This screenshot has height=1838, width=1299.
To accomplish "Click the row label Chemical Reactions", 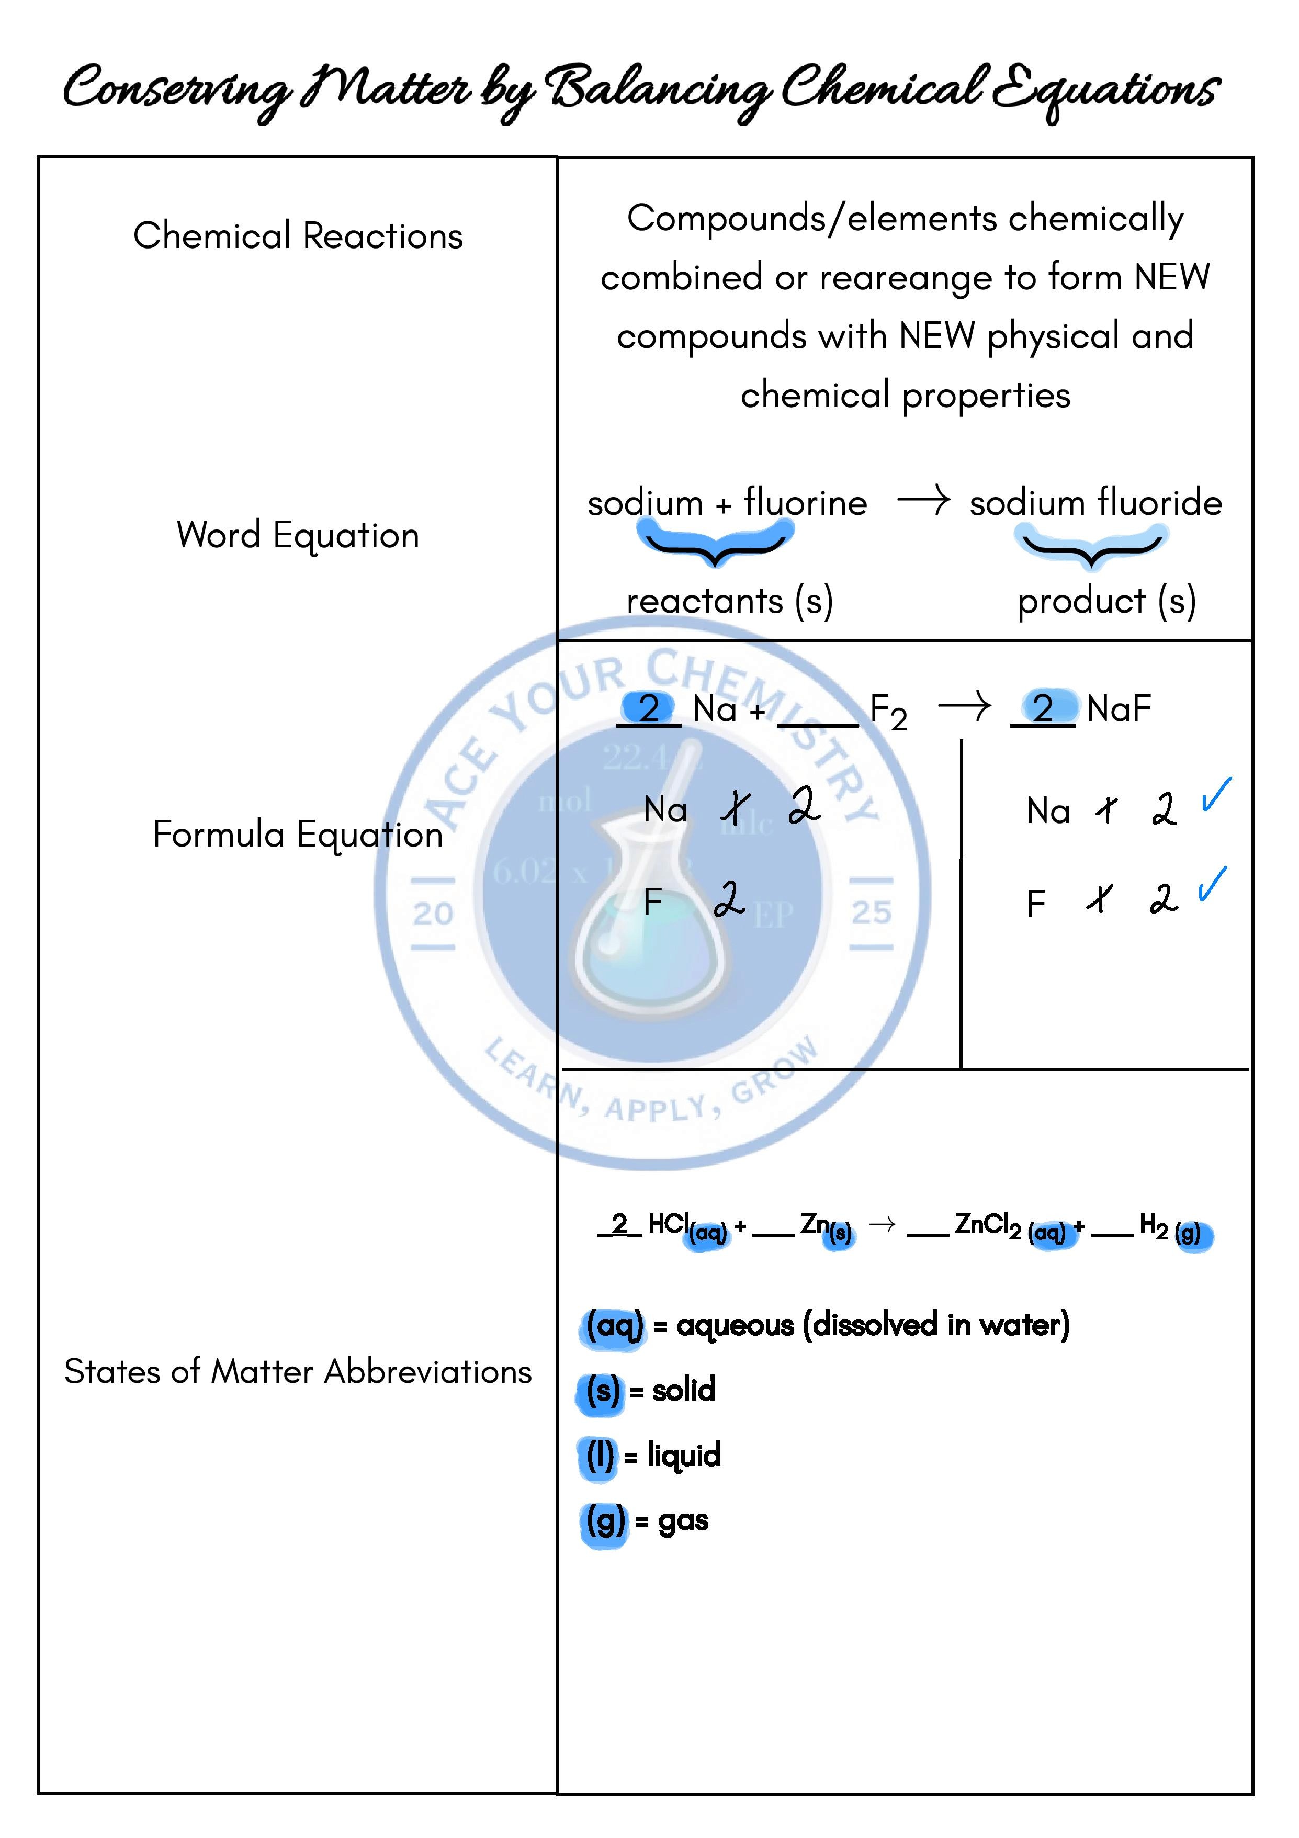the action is tap(298, 236).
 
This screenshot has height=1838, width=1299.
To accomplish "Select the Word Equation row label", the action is tap(298, 535).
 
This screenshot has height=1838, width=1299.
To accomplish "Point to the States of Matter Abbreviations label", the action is tap(298, 1372).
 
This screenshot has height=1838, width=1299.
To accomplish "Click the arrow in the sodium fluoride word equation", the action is tap(923, 501).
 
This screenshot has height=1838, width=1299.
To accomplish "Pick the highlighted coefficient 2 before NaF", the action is tap(1043, 708).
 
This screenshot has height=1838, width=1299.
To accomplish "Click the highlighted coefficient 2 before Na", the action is tap(649, 708).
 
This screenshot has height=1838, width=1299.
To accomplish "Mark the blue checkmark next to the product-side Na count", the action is tap(1216, 796).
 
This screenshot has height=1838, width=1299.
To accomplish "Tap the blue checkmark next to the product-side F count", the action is tap(1213, 885).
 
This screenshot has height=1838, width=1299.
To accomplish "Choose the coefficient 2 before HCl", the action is tap(619, 1223).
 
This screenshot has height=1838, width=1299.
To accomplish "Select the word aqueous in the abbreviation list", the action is tap(735, 1326).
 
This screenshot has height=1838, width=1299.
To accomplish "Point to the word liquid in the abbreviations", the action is tap(684, 1456).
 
